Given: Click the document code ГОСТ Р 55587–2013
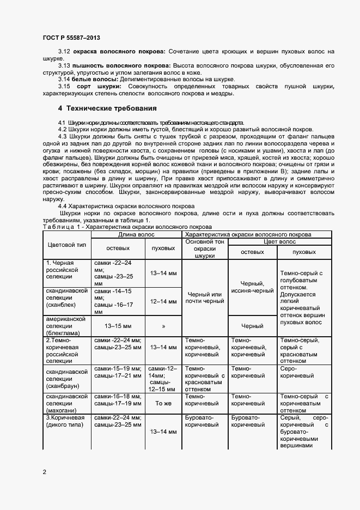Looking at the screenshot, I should point(71,38).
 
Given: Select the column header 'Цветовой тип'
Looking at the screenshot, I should point(66,246).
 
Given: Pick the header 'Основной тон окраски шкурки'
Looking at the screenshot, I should point(204,248).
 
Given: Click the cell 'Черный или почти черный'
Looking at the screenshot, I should point(204,297).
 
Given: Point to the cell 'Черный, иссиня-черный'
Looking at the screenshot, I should point(253,287).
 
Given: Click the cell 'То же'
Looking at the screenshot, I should point(163,403).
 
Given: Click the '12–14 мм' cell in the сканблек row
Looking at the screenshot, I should point(163,301).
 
